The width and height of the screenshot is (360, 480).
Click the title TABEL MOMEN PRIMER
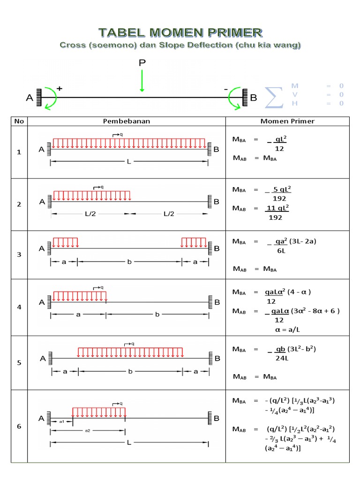pyautogui.click(x=180, y=32)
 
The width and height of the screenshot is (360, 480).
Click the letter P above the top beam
pyautogui.click(x=142, y=62)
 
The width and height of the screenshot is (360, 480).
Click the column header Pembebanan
pyautogui.click(x=127, y=121)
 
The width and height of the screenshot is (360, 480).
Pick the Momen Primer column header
pyautogui.click(x=287, y=121)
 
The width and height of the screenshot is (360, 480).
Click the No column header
pyautogui.click(x=19, y=121)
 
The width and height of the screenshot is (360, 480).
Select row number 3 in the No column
pyautogui.click(x=19, y=255)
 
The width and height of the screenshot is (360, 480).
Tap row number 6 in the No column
pyautogui.click(x=19, y=426)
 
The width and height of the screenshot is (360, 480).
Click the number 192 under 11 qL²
pyautogui.click(x=276, y=217)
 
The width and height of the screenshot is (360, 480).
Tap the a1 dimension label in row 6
pyautogui.click(x=61, y=421)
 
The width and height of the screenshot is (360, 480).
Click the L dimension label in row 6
pyautogui.click(x=130, y=442)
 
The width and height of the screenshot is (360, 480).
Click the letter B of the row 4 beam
pyautogui.click(x=217, y=302)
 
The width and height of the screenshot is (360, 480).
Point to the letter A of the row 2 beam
pyautogui.click(x=42, y=202)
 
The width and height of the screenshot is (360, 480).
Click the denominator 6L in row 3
pyautogui.click(x=281, y=251)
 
